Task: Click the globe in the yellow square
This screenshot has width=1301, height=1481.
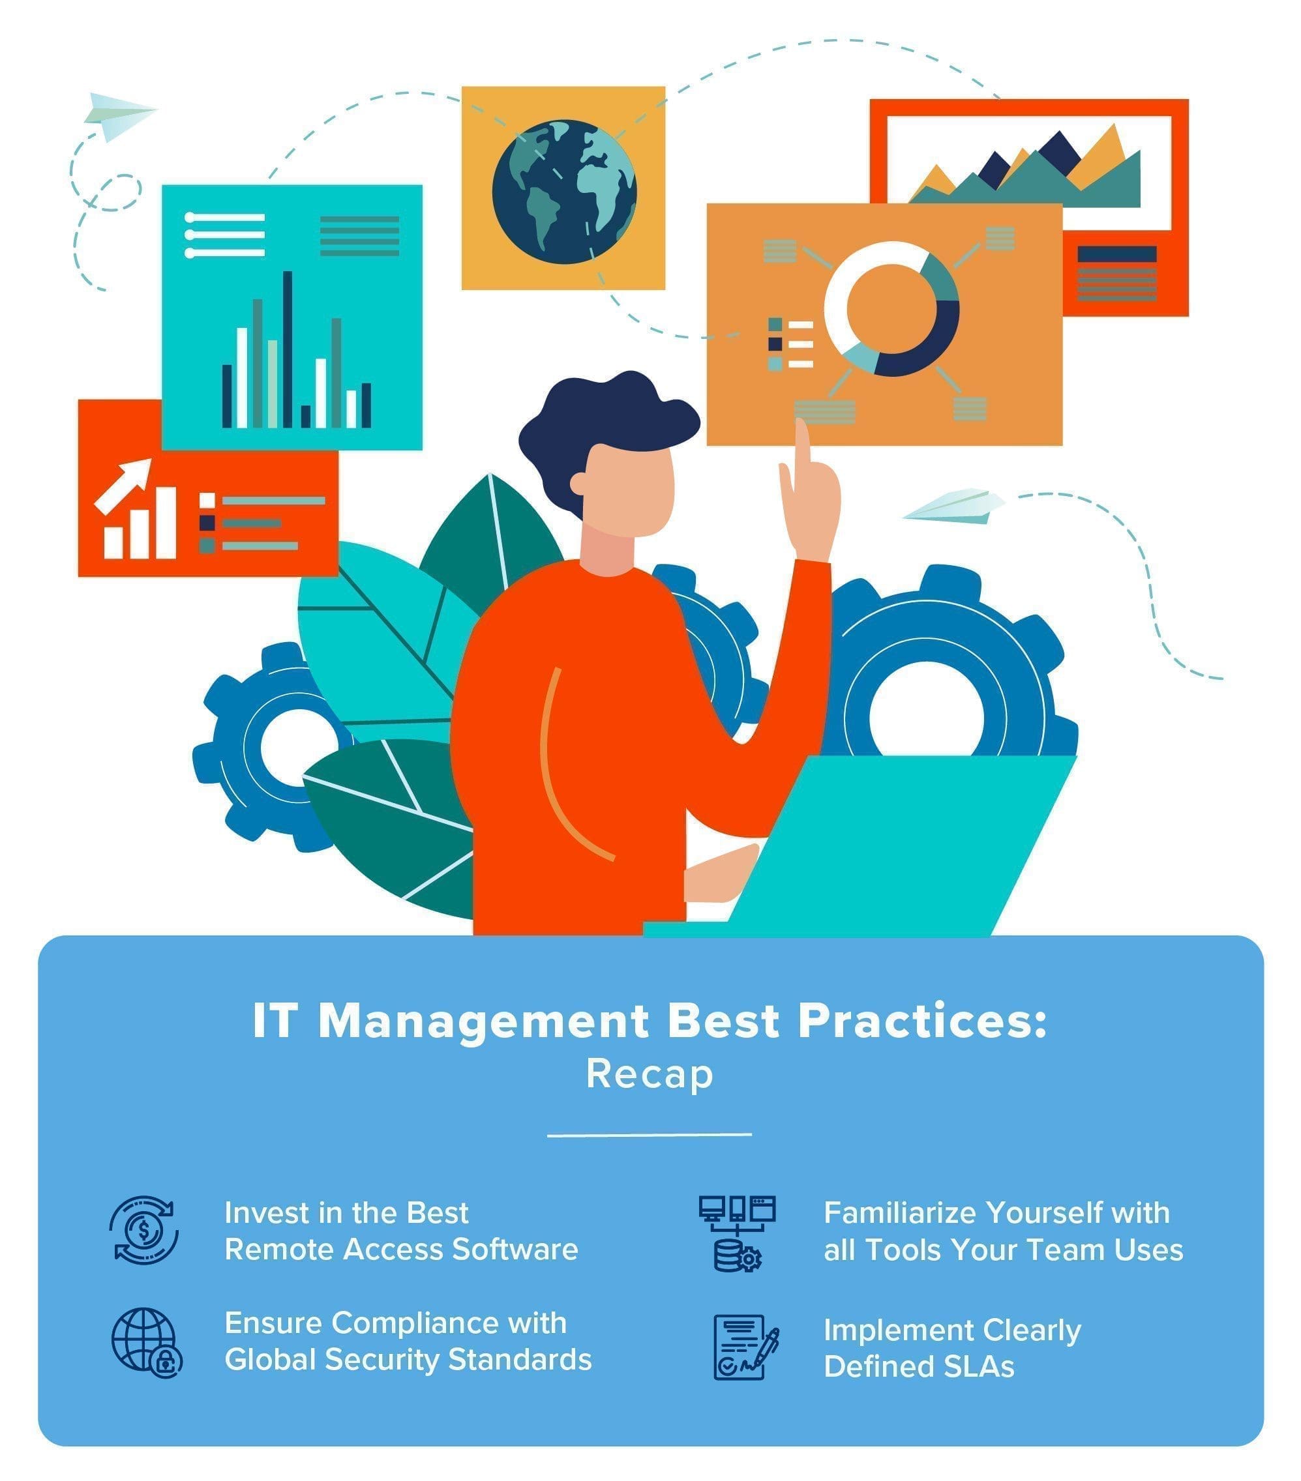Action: pos(564,191)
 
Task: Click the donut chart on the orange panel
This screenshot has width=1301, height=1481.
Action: pos(891,310)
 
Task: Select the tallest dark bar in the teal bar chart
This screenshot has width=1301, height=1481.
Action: pos(287,349)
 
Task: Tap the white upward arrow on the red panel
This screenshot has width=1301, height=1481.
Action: pos(124,484)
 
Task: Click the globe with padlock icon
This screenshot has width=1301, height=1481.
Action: pos(147,1343)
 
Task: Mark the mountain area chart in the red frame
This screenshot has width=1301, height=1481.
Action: pos(1026,169)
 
